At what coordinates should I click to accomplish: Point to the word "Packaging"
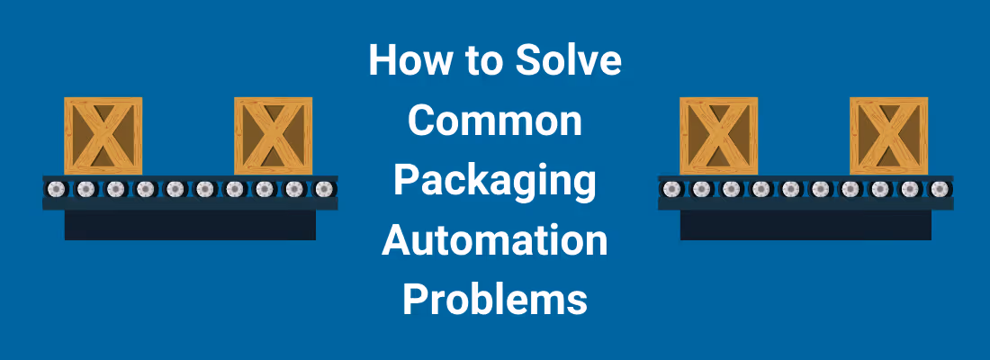(x=494, y=183)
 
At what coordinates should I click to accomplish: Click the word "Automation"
(x=494, y=241)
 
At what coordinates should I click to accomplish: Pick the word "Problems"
(x=494, y=300)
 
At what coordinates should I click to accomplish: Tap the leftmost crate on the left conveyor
(x=103, y=136)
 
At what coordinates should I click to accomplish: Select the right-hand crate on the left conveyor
(x=273, y=136)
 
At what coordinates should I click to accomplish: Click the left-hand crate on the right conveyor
(x=719, y=136)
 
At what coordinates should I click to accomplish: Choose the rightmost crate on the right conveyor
(x=888, y=136)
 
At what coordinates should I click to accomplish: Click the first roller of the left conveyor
(x=57, y=189)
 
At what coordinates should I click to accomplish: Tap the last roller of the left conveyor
(x=323, y=189)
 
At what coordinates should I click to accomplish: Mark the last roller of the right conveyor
(x=939, y=189)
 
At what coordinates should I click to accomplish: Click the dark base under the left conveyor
(x=190, y=224)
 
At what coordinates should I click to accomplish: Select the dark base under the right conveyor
(x=805, y=224)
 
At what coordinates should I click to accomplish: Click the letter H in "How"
(x=382, y=62)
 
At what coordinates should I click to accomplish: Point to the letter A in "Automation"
(x=395, y=241)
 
